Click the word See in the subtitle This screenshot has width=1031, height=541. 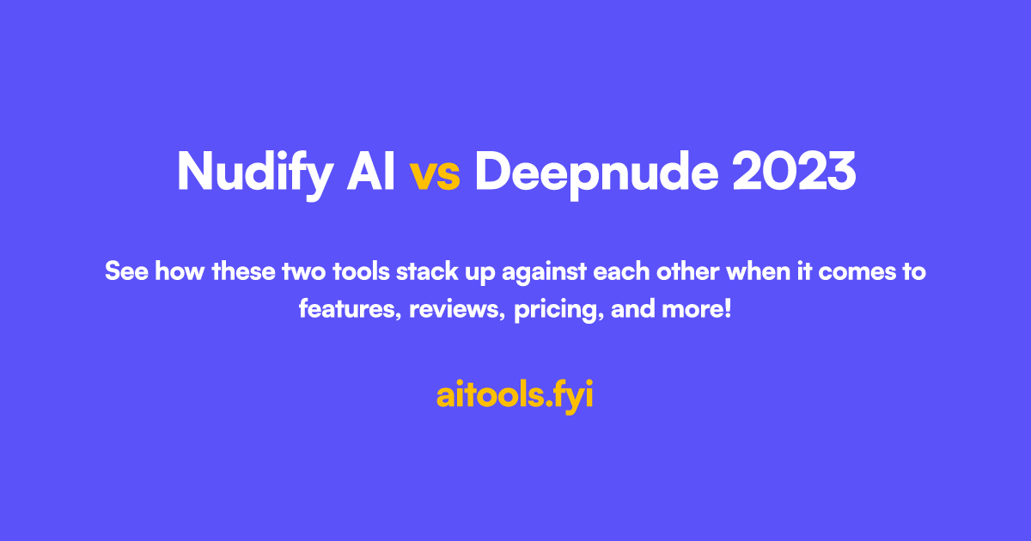point(124,273)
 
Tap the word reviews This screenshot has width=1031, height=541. point(457,310)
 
